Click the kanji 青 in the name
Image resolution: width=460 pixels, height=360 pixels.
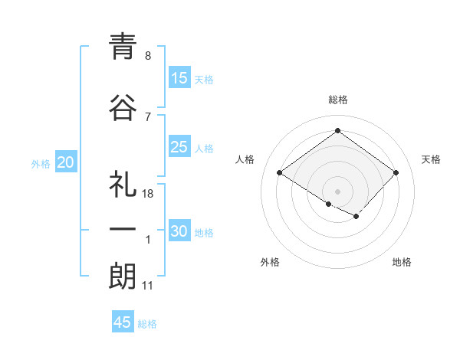[x=122, y=47]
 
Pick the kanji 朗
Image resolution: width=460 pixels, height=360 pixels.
[x=122, y=276]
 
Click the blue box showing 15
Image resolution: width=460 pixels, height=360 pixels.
[x=179, y=77]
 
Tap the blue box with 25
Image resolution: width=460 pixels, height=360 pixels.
[x=179, y=147]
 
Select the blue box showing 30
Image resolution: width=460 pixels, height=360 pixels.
[x=179, y=231]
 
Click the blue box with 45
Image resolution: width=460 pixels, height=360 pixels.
[x=123, y=322]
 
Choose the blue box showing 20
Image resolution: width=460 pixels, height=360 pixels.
[x=66, y=162]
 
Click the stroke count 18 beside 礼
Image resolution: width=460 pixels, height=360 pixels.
[x=148, y=194]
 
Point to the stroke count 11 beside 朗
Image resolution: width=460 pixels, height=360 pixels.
[x=148, y=286]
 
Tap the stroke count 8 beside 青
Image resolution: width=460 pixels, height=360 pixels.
[x=148, y=56]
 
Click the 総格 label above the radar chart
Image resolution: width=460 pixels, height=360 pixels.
[x=338, y=100]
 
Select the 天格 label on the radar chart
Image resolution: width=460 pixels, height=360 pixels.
[x=431, y=159]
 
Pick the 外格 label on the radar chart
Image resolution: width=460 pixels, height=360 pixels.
[x=270, y=262]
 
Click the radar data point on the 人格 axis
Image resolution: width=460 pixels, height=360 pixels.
[x=280, y=173]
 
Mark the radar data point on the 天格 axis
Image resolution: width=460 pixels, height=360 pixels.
[x=396, y=173]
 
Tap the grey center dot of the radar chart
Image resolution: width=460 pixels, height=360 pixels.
[x=337, y=191]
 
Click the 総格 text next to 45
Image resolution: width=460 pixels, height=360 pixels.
[x=147, y=324]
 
